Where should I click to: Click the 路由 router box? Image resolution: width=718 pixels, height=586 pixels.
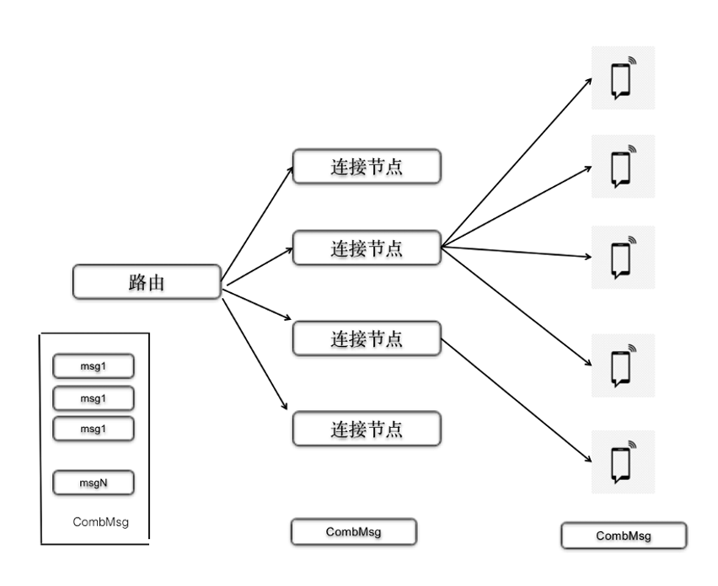coord(147,282)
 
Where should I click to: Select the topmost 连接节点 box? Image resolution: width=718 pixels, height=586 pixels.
coord(367,167)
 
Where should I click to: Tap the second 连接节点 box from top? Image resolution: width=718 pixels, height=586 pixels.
coord(367,248)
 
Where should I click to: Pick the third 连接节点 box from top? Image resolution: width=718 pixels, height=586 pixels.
coord(367,338)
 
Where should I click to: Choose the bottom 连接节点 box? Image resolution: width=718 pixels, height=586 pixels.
coord(367,429)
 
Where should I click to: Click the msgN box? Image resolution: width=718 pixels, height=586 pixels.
coord(94,483)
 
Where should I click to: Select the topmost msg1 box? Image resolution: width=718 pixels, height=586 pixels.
coord(94,367)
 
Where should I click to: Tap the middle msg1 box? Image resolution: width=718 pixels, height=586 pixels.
coord(94,397)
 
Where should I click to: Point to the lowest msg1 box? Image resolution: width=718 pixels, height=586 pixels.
coord(94,428)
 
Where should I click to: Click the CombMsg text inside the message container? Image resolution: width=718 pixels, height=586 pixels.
coord(100,522)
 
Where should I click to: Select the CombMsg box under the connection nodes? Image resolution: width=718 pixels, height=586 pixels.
coord(354,532)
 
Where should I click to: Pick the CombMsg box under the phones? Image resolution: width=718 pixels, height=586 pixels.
coord(624,535)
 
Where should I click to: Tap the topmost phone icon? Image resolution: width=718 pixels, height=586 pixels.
coord(622,77)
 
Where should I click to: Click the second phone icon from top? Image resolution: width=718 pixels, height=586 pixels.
coord(622,166)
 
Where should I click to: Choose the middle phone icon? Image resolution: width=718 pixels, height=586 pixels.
coord(622,257)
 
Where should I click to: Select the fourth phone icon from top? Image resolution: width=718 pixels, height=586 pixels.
coord(622,365)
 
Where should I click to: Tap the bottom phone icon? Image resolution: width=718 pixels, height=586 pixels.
coord(622,461)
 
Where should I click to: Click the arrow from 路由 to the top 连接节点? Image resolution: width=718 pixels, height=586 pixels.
coord(257,224)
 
